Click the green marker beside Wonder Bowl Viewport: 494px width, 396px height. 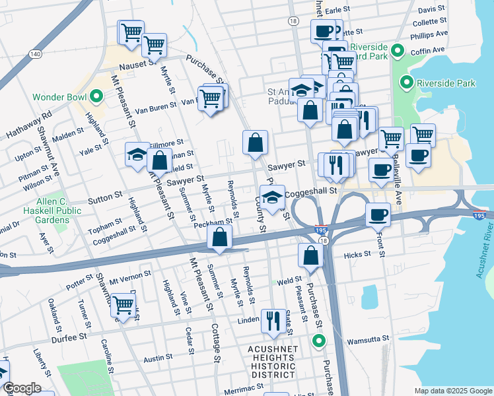coord(96,98)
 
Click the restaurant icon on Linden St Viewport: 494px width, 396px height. coord(272,320)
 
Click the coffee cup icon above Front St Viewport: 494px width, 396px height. coord(377,214)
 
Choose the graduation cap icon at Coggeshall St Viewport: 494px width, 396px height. coord(272,197)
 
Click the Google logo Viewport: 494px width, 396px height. coord(22,388)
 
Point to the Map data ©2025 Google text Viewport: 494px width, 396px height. coord(452,391)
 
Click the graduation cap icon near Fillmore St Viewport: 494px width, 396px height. coord(137,154)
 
